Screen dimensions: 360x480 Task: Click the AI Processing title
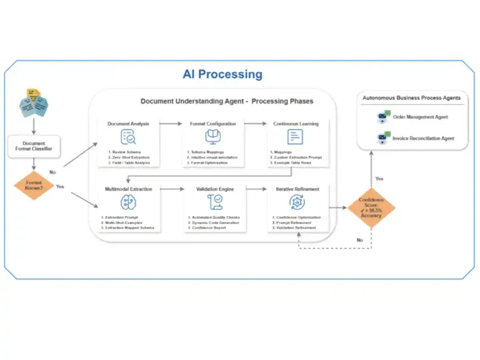(x=223, y=74)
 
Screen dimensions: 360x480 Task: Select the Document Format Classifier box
(x=34, y=147)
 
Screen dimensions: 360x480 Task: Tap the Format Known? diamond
(x=34, y=185)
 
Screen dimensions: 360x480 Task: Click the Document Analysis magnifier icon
(x=128, y=137)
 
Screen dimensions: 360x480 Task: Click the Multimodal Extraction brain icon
(x=128, y=202)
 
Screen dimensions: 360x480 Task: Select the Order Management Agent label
(x=420, y=117)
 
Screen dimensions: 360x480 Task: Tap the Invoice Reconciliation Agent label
(x=423, y=139)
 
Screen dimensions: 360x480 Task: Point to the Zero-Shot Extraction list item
(x=129, y=157)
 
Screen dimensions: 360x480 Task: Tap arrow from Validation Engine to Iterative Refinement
(x=255, y=189)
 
